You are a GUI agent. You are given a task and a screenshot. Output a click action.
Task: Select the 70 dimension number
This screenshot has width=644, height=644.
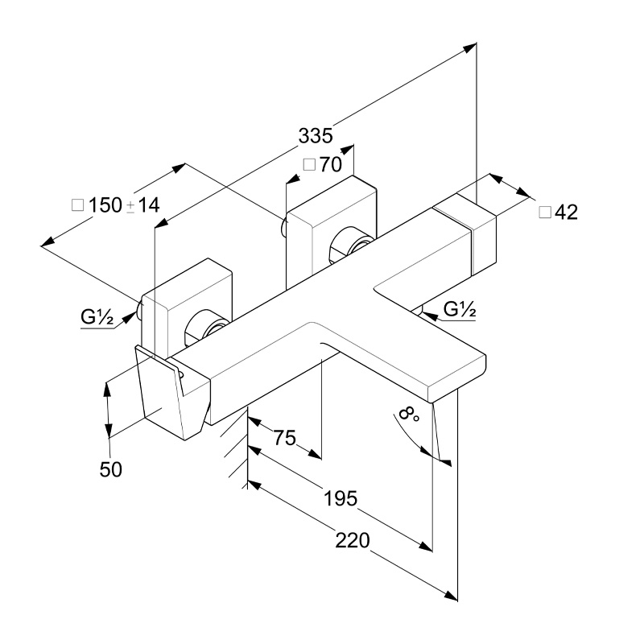[330, 165]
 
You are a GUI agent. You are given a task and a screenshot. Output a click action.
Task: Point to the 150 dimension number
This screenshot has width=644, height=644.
[105, 205]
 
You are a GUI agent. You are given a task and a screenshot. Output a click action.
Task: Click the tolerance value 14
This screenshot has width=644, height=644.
[148, 205]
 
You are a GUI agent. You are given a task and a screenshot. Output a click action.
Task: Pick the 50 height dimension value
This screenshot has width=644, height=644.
[111, 469]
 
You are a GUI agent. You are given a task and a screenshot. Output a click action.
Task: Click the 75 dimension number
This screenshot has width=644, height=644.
[285, 438]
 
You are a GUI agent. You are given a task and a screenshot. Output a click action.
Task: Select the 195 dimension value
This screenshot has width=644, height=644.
[340, 498]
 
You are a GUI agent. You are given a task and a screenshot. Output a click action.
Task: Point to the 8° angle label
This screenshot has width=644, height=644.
[410, 415]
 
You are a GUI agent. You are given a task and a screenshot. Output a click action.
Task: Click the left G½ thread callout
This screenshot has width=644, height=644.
[96, 316]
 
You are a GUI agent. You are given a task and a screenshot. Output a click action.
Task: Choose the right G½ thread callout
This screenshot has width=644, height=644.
[460, 308]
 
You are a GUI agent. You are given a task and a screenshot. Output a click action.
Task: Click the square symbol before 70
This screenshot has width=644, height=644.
[308, 165]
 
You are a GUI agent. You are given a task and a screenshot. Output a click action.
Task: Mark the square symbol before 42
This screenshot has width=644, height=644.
[544, 213]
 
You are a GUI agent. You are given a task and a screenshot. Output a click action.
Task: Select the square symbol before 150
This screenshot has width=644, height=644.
[78, 205]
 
